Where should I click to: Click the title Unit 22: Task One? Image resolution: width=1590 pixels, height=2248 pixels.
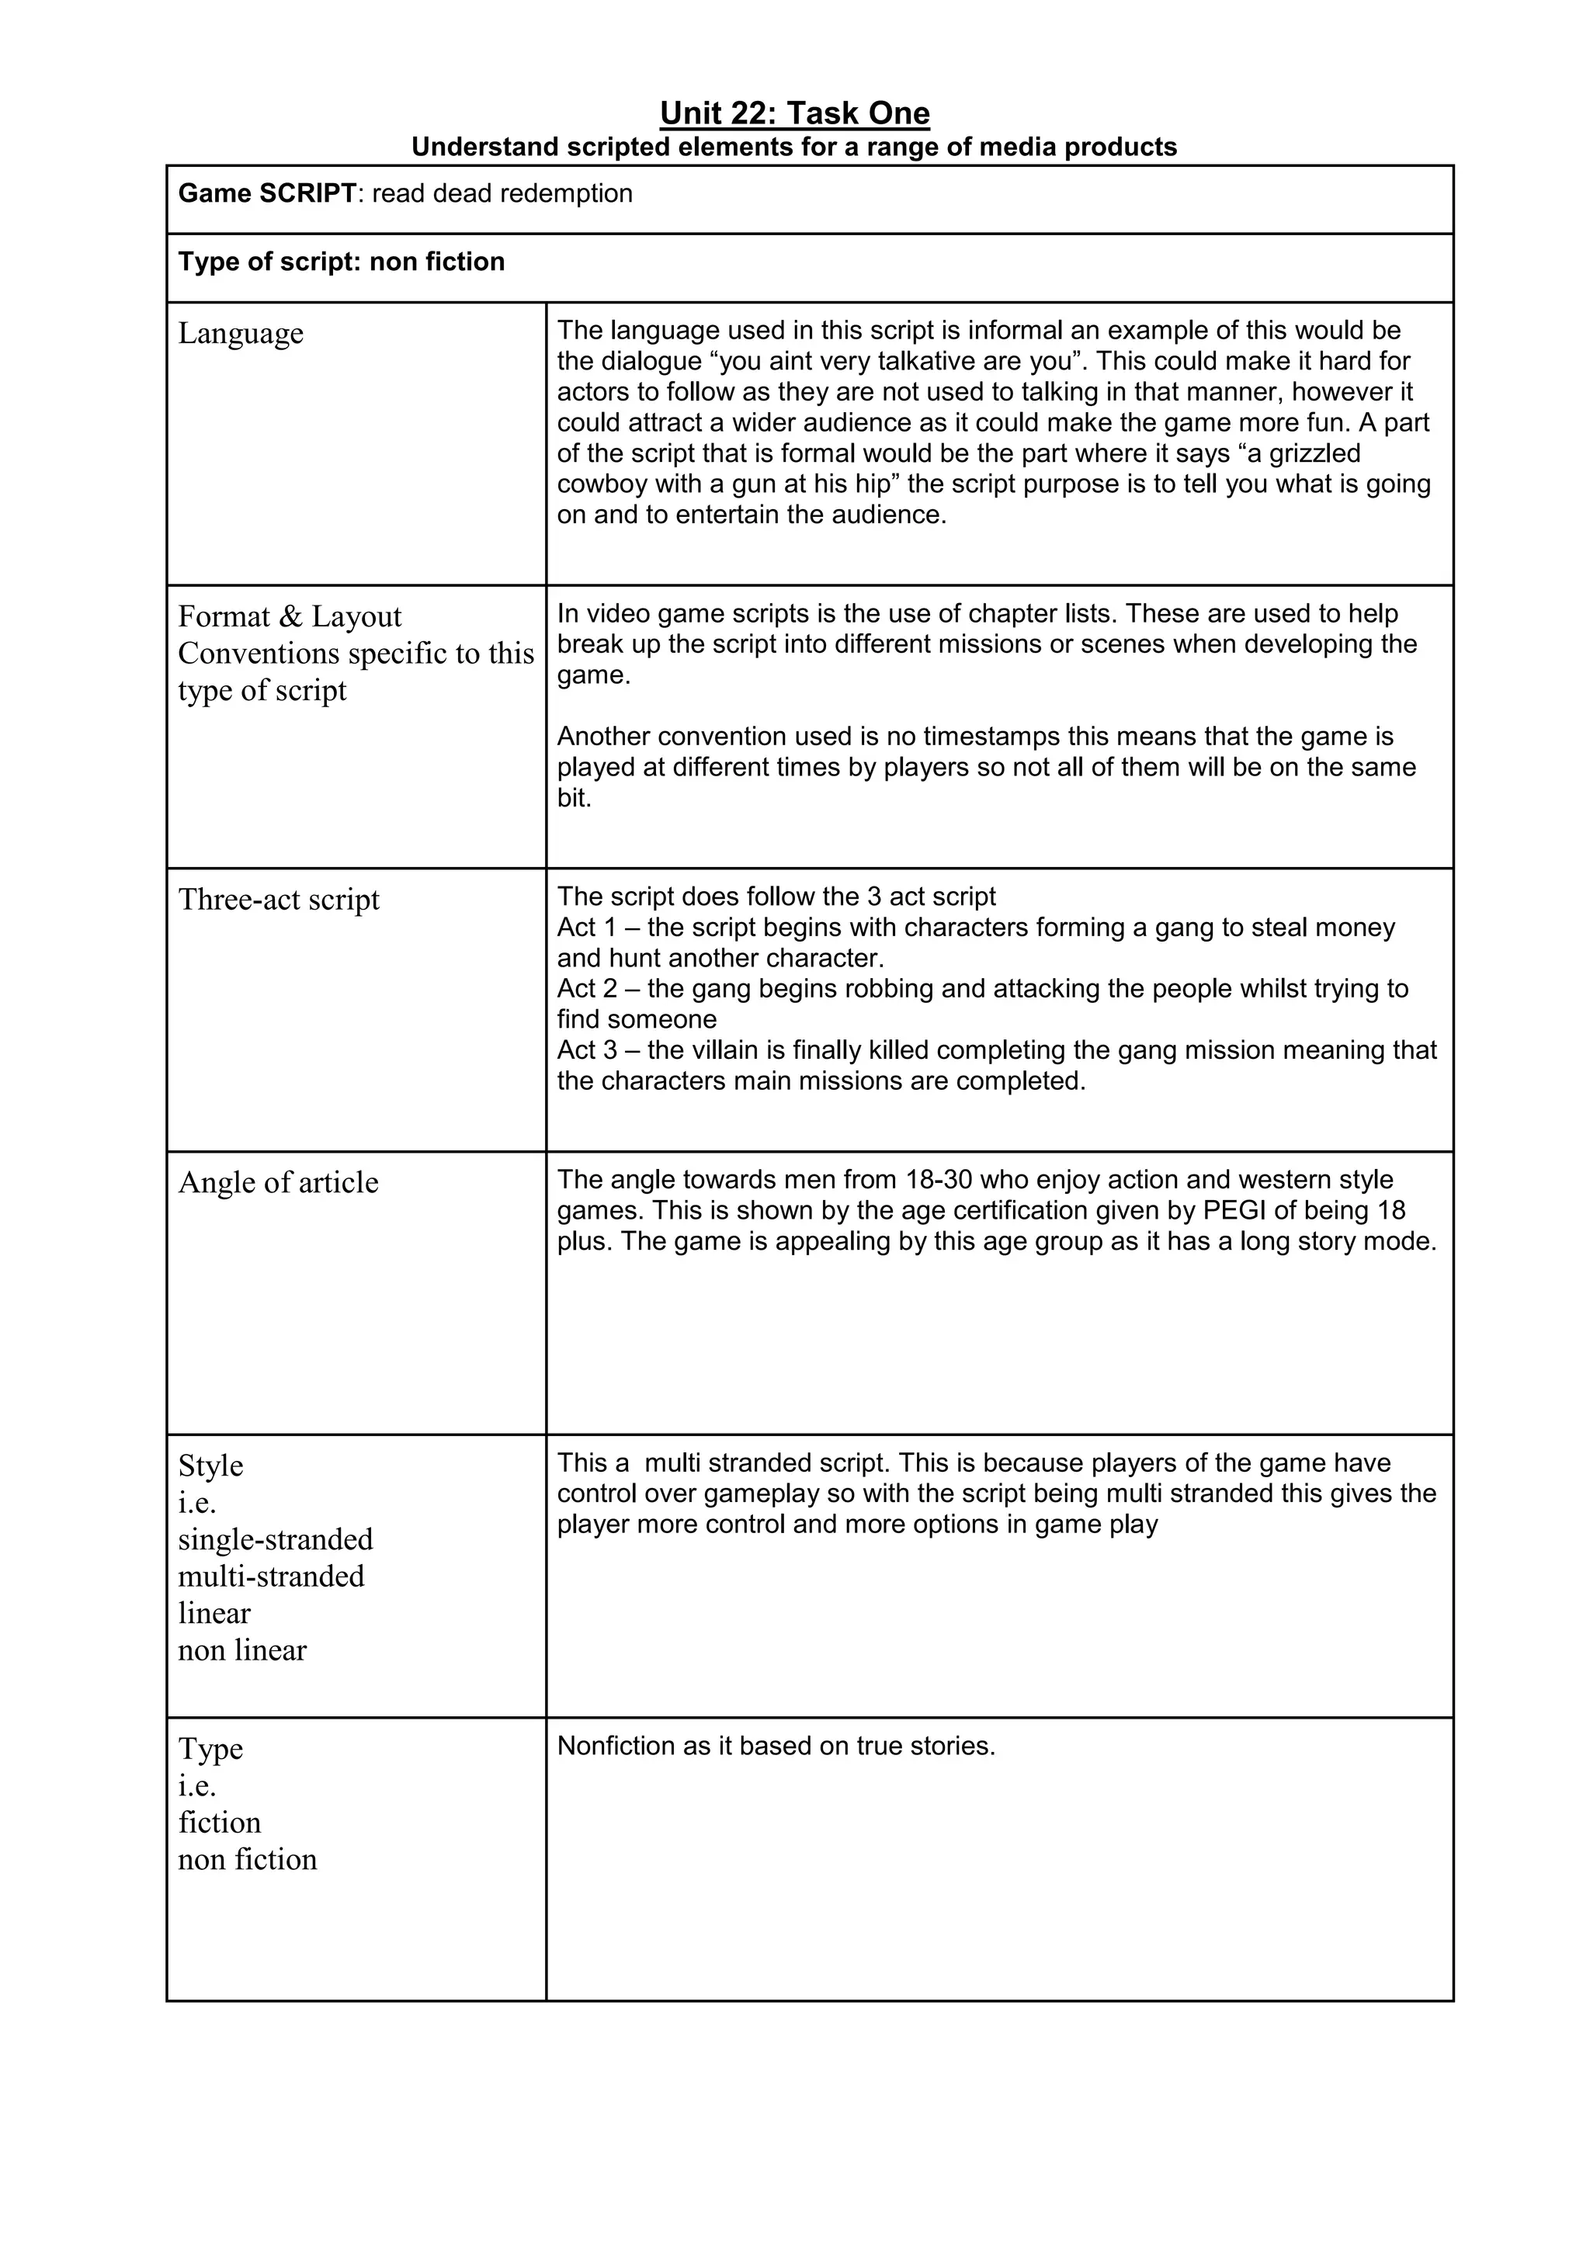pos(794,113)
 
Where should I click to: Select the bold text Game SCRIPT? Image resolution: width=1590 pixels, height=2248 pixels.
pos(266,194)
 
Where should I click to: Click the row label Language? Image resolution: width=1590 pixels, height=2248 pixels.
pos(241,334)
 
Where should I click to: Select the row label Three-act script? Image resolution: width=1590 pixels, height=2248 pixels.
pos(278,900)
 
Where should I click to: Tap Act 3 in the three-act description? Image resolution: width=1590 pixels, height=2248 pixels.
pos(586,1050)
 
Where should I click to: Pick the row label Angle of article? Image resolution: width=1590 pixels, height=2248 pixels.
pos(278,1183)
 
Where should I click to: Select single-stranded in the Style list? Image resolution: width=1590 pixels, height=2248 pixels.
pos(275,1540)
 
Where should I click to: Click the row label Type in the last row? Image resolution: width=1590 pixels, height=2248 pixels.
pos(210,1750)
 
